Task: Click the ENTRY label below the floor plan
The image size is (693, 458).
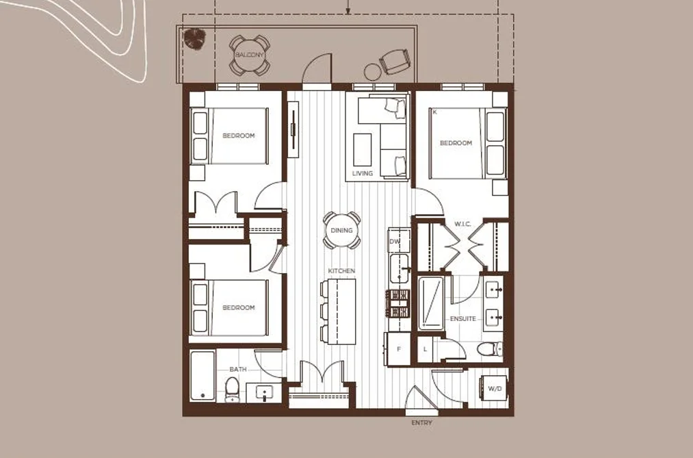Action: (421, 423)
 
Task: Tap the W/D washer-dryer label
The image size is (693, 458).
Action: (495, 389)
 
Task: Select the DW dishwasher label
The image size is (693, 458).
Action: (394, 242)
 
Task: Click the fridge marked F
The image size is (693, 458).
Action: (397, 348)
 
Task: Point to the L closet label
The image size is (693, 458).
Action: (425, 349)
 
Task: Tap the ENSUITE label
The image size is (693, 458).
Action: (462, 319)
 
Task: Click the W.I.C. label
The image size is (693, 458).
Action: (462, 224)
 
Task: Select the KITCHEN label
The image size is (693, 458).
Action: (341, 270)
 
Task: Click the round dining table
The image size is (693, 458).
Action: (341, 230)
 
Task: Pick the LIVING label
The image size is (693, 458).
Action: (363, 173)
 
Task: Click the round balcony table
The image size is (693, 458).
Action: (250, 55)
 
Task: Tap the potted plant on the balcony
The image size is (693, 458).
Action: (194, 38)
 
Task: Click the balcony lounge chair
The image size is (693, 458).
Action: (394, 62)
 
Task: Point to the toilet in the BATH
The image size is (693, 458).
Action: (232, 389)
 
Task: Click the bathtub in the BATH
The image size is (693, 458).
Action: (203, 376)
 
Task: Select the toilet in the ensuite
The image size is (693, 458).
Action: (490, 348)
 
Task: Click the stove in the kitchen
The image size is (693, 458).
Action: (398, 303)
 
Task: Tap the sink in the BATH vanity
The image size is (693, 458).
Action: (264, 392)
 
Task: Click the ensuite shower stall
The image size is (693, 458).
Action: (431, 303)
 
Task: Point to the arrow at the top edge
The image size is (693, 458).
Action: (348, 6)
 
